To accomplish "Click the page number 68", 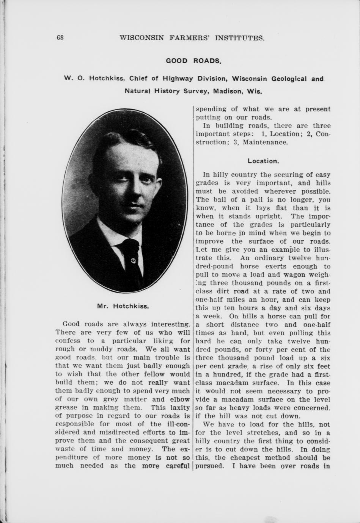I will (60, 38).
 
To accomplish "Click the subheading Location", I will (263, 161).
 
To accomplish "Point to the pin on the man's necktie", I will (133, 260).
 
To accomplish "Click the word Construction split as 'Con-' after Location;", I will (323, 134).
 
